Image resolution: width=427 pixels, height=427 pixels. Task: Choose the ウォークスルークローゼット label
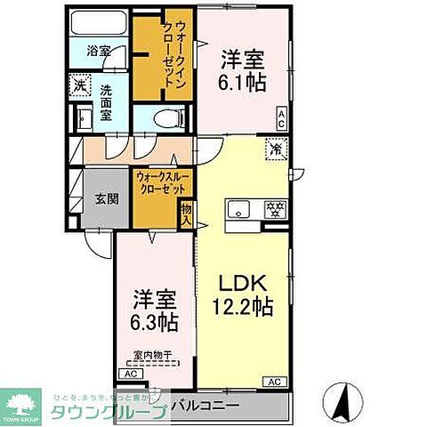pos(162,183)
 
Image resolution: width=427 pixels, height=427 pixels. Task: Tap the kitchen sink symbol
pos(238,211)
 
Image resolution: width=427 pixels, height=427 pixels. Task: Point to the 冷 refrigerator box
pos(276,149)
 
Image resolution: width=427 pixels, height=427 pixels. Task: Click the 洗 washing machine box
pos(79,87)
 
